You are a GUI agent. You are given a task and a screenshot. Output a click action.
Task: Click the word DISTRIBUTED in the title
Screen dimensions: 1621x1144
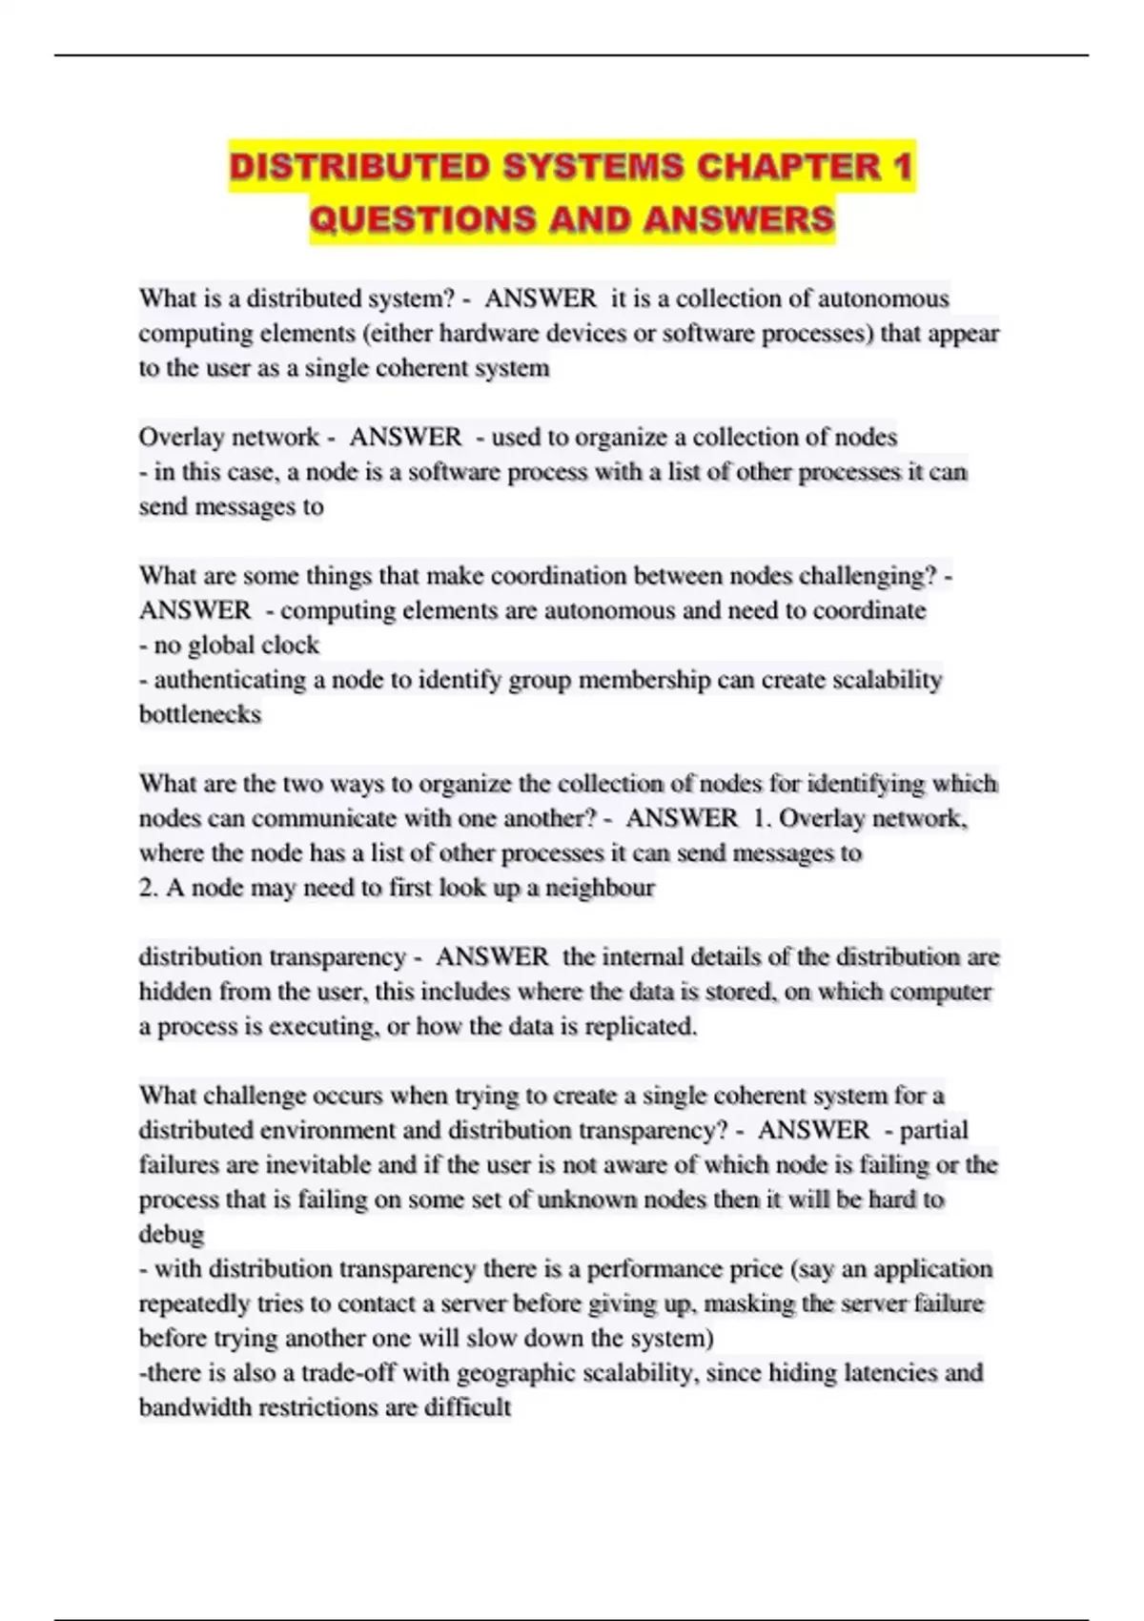point(358,167)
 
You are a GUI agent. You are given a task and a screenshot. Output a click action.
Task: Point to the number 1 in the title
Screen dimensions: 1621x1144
point(902,167)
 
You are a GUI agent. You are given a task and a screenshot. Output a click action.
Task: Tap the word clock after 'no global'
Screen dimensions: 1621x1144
point(290,646)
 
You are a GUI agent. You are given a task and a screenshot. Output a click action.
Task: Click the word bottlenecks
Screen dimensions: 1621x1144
point(200,714)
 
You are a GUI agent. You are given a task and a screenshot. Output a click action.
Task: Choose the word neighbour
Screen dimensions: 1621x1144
point(600,888)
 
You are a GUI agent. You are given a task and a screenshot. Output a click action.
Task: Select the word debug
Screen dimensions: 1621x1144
point(172,1234)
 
